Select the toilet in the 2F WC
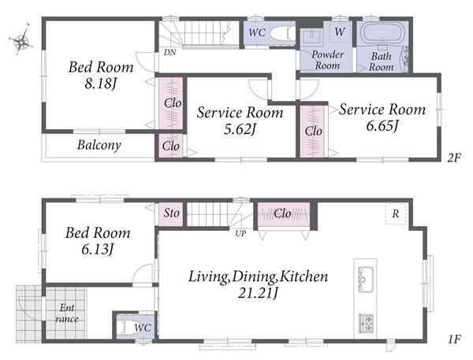(282, 33)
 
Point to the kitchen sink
(365, 279)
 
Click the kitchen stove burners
(366, 323)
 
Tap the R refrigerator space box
(396, 213)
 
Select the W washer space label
(340, 32)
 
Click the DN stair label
(169, 52)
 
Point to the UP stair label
(240, 233)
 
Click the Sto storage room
(171, 213)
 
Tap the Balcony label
(99, 145)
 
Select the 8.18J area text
(100, 84)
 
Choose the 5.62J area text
(240, 129)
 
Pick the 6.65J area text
(382, 125)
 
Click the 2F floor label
(454, 158)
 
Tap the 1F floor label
(454, 340)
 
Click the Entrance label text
(67, 314)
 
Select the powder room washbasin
(311, 37)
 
